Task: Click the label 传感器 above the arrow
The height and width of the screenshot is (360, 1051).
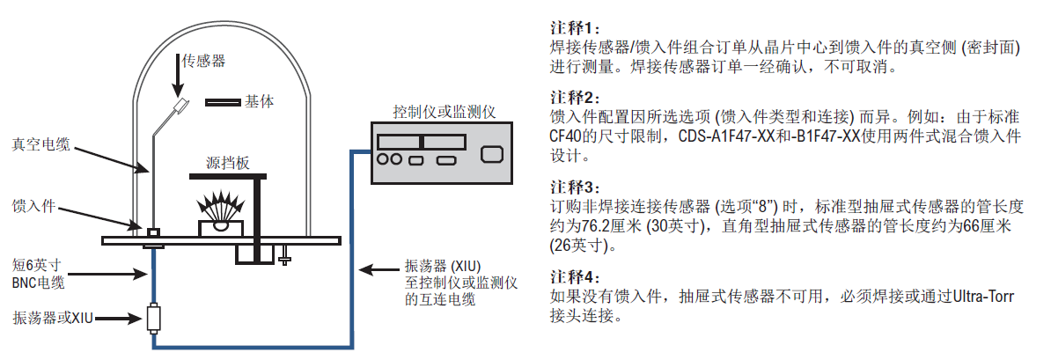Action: [203, 62]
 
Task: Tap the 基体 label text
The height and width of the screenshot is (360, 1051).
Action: [260, 102]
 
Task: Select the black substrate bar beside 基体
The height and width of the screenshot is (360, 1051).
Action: [223, 102]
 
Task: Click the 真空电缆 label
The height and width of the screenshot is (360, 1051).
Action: [40, 143]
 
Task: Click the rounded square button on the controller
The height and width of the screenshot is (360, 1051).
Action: [491, 156]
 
